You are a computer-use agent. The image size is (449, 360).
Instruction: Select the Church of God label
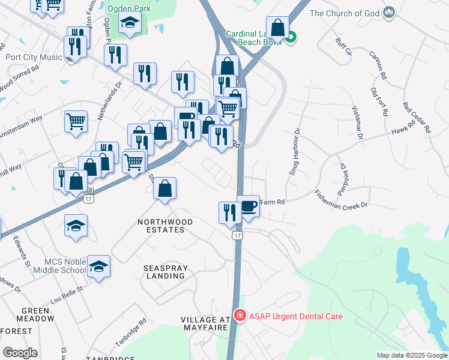coord(345,13)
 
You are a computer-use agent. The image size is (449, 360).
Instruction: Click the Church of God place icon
coord(389,12)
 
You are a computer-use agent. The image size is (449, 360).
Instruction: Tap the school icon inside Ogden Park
coord(129,23)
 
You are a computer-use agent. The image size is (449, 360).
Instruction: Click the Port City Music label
coord(34,58)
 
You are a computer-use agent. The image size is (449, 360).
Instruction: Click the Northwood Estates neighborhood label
coord(165,226)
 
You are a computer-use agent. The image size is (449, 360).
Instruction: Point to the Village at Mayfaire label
coord(204,324)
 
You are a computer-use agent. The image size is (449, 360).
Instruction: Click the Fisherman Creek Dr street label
coord(340,200)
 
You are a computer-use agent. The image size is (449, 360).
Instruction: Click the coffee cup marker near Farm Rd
coord(248,206)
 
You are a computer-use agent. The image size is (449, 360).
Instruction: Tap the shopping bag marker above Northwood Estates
coord(164,188)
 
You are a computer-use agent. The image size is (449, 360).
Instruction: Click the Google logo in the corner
coord(20,353)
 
